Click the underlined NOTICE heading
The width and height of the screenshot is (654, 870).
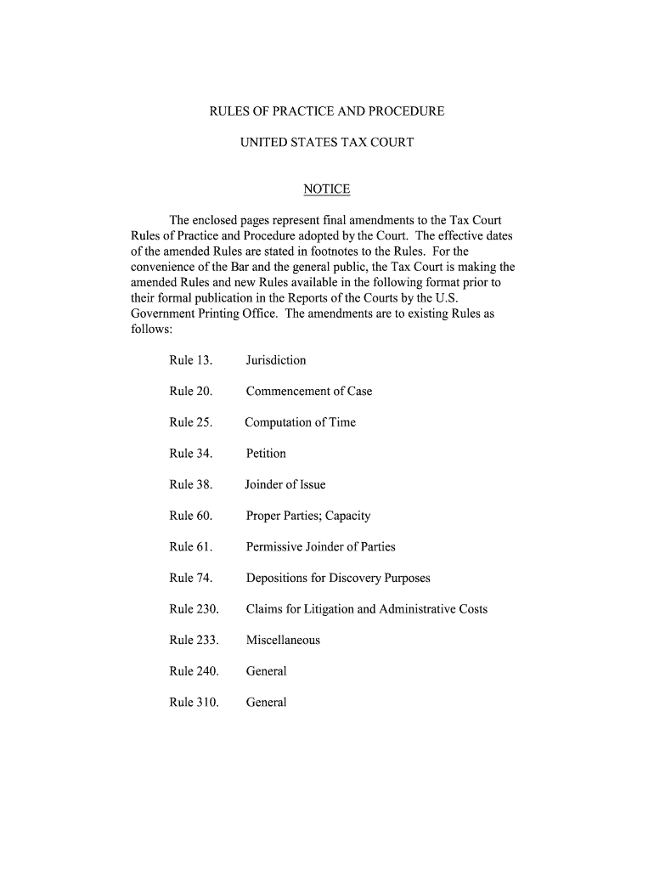click(x=327, y=189)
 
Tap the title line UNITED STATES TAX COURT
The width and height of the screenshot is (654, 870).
click(x=327, y=143)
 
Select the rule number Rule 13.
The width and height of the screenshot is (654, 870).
click(x=190, y=360)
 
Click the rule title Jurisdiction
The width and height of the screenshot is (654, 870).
click(x=276, y=360)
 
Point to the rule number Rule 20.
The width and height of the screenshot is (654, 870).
click(x=190, y=392)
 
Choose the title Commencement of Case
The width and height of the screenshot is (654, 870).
click(x=309, y=392)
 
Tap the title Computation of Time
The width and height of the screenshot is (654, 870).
click(x=301, y=422)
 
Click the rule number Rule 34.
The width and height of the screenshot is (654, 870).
click(x=190, y=454)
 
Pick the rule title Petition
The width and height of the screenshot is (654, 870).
click(x=266, y=454)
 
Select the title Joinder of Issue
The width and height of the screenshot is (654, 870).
click(x=285, y=485)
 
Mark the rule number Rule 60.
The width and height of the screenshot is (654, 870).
click(x=190, y=516)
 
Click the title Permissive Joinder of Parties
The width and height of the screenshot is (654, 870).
click(x=320, y=547)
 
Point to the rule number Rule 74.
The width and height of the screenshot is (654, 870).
click(x=190, y=579)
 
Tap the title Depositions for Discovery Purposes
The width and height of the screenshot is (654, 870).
click(x=338, y=579)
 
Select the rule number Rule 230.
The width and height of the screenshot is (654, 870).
click(x=194, y=609)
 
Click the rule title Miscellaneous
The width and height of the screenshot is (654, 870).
click(x=283, y=641)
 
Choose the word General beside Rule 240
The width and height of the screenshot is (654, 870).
click(x=267, y=671)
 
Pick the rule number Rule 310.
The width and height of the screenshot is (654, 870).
click(x=194, y=703)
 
